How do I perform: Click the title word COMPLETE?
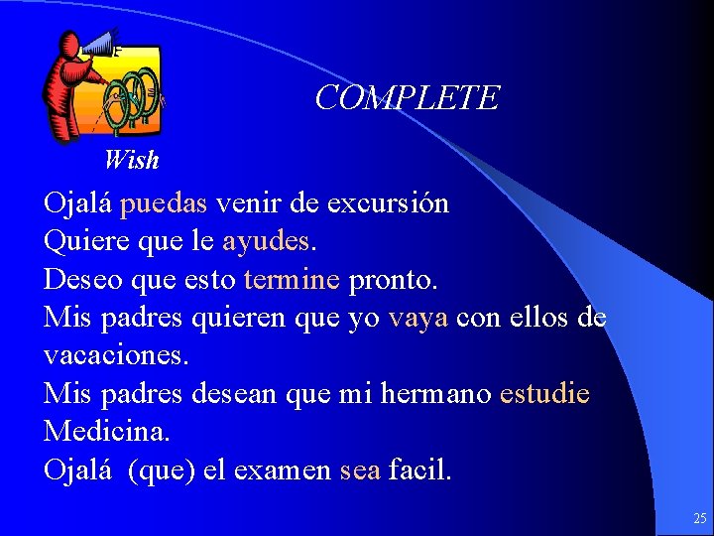pos(407,98)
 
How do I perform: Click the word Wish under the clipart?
pos(131,159)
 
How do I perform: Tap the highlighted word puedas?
pos(163,204)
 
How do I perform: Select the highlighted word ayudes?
pos(266,241)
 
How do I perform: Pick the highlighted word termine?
pos(292,280)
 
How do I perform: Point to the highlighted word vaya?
pos(418,318)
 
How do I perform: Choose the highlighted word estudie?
pos(544,394)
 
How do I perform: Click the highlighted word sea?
pos(359,470)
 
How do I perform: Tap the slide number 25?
pos(700,518)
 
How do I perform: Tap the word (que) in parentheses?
pos(161,470)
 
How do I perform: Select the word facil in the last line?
pos(419,470)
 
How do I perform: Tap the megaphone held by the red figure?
pos(99,44)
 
